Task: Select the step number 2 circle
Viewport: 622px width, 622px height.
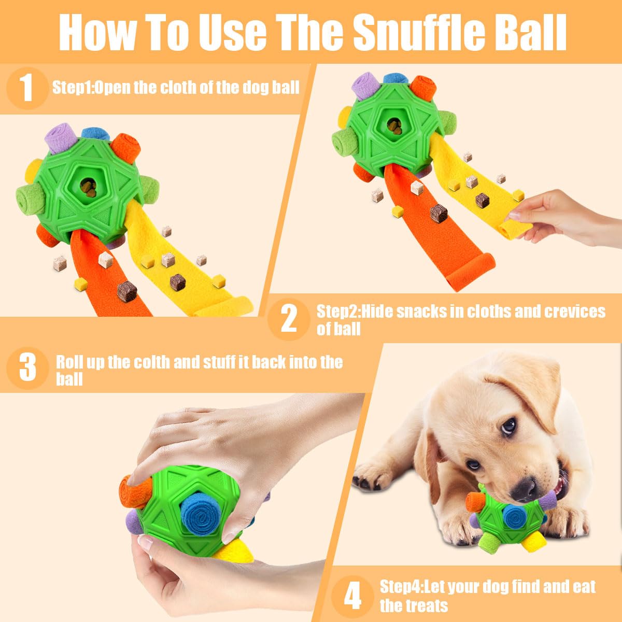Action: [288, 319]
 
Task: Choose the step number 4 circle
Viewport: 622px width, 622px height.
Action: [352, 596]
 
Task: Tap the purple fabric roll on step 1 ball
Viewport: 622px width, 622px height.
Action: [62, 138]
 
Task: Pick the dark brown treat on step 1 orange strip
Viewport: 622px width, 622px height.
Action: [126, 291]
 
